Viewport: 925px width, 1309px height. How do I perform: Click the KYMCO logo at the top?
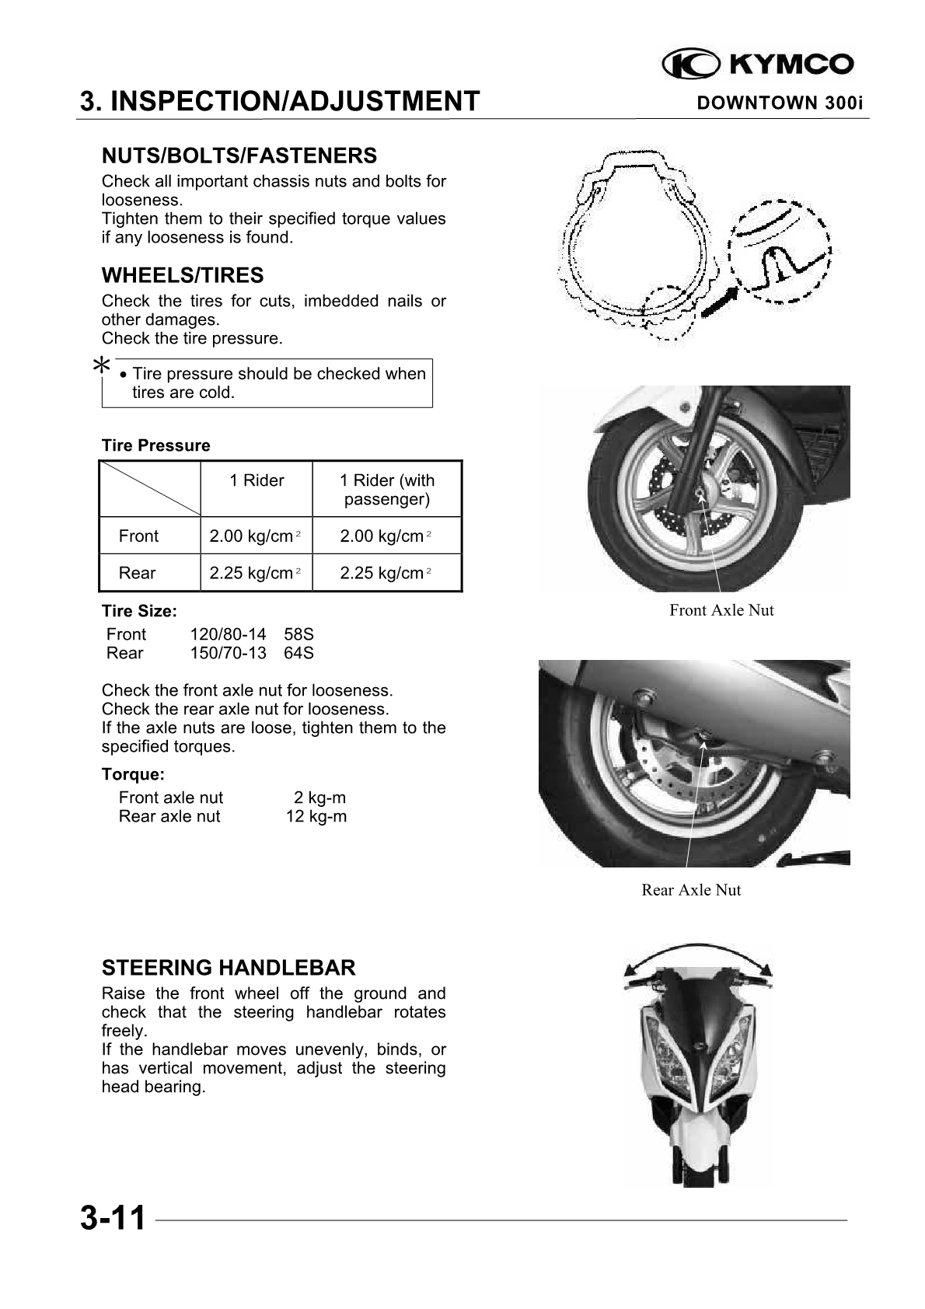tap(758, 65)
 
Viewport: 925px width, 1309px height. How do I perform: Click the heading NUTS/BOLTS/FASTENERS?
tap(239, 156)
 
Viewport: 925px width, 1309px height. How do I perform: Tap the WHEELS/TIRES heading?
tap(183, 276)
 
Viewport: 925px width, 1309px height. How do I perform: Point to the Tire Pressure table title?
tap(155, 445)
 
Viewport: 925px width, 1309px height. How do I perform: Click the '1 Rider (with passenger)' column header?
tap(387, 490)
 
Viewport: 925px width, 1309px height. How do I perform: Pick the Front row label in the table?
tap(138, 536)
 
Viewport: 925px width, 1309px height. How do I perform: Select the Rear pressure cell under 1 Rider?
tap(255, 574)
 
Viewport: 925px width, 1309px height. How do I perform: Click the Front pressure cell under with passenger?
tap(386, 536)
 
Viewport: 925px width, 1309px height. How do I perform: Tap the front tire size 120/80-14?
tap(228, 634)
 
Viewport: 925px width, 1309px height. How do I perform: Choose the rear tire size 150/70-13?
tap(228, 653)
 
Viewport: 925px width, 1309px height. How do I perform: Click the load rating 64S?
tap(298, 653)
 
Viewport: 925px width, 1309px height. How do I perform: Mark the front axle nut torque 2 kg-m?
tap(319, 798)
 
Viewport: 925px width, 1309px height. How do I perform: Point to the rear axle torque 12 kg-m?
tap(316, 816)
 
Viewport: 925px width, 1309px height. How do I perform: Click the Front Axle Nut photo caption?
tap(721, 610)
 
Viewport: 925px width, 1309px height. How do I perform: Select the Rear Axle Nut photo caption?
tap(691, 890)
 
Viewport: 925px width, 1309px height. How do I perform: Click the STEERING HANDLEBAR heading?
tap(229, 968)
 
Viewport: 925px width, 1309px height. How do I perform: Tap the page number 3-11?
tap(113, 1218)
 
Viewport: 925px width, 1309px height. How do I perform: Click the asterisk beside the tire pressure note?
tap(101, 365)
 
